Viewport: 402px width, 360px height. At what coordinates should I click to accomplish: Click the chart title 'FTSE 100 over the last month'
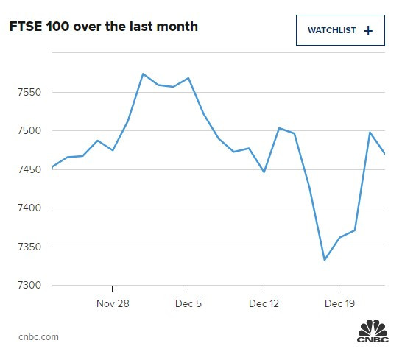click(x=103, y=27)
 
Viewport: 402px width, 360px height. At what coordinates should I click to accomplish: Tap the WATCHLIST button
click(x=340, y=30)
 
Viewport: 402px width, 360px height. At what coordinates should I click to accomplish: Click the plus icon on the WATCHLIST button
click(x=368, y=30)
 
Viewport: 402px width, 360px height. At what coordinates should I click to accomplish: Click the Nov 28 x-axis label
click(x=113, y=303)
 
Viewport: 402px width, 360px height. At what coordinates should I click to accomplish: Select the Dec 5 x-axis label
click(x=188, y=303)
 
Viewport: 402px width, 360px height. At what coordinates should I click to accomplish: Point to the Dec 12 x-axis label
click(x=264, y=303)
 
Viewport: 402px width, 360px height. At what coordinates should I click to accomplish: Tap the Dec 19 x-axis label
click(x=339, y=303)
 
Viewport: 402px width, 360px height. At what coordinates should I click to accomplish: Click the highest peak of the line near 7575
click(x=143, y=74)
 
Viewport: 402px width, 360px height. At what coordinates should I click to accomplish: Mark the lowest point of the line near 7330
click(x=324, y=260)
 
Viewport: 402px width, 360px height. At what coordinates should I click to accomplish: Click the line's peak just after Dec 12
click(x=278, y=128)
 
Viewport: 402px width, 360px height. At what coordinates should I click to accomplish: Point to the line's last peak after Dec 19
click(x=370, y=132)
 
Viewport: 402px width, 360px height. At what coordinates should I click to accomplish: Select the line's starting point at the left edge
click(x=52, y=168)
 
